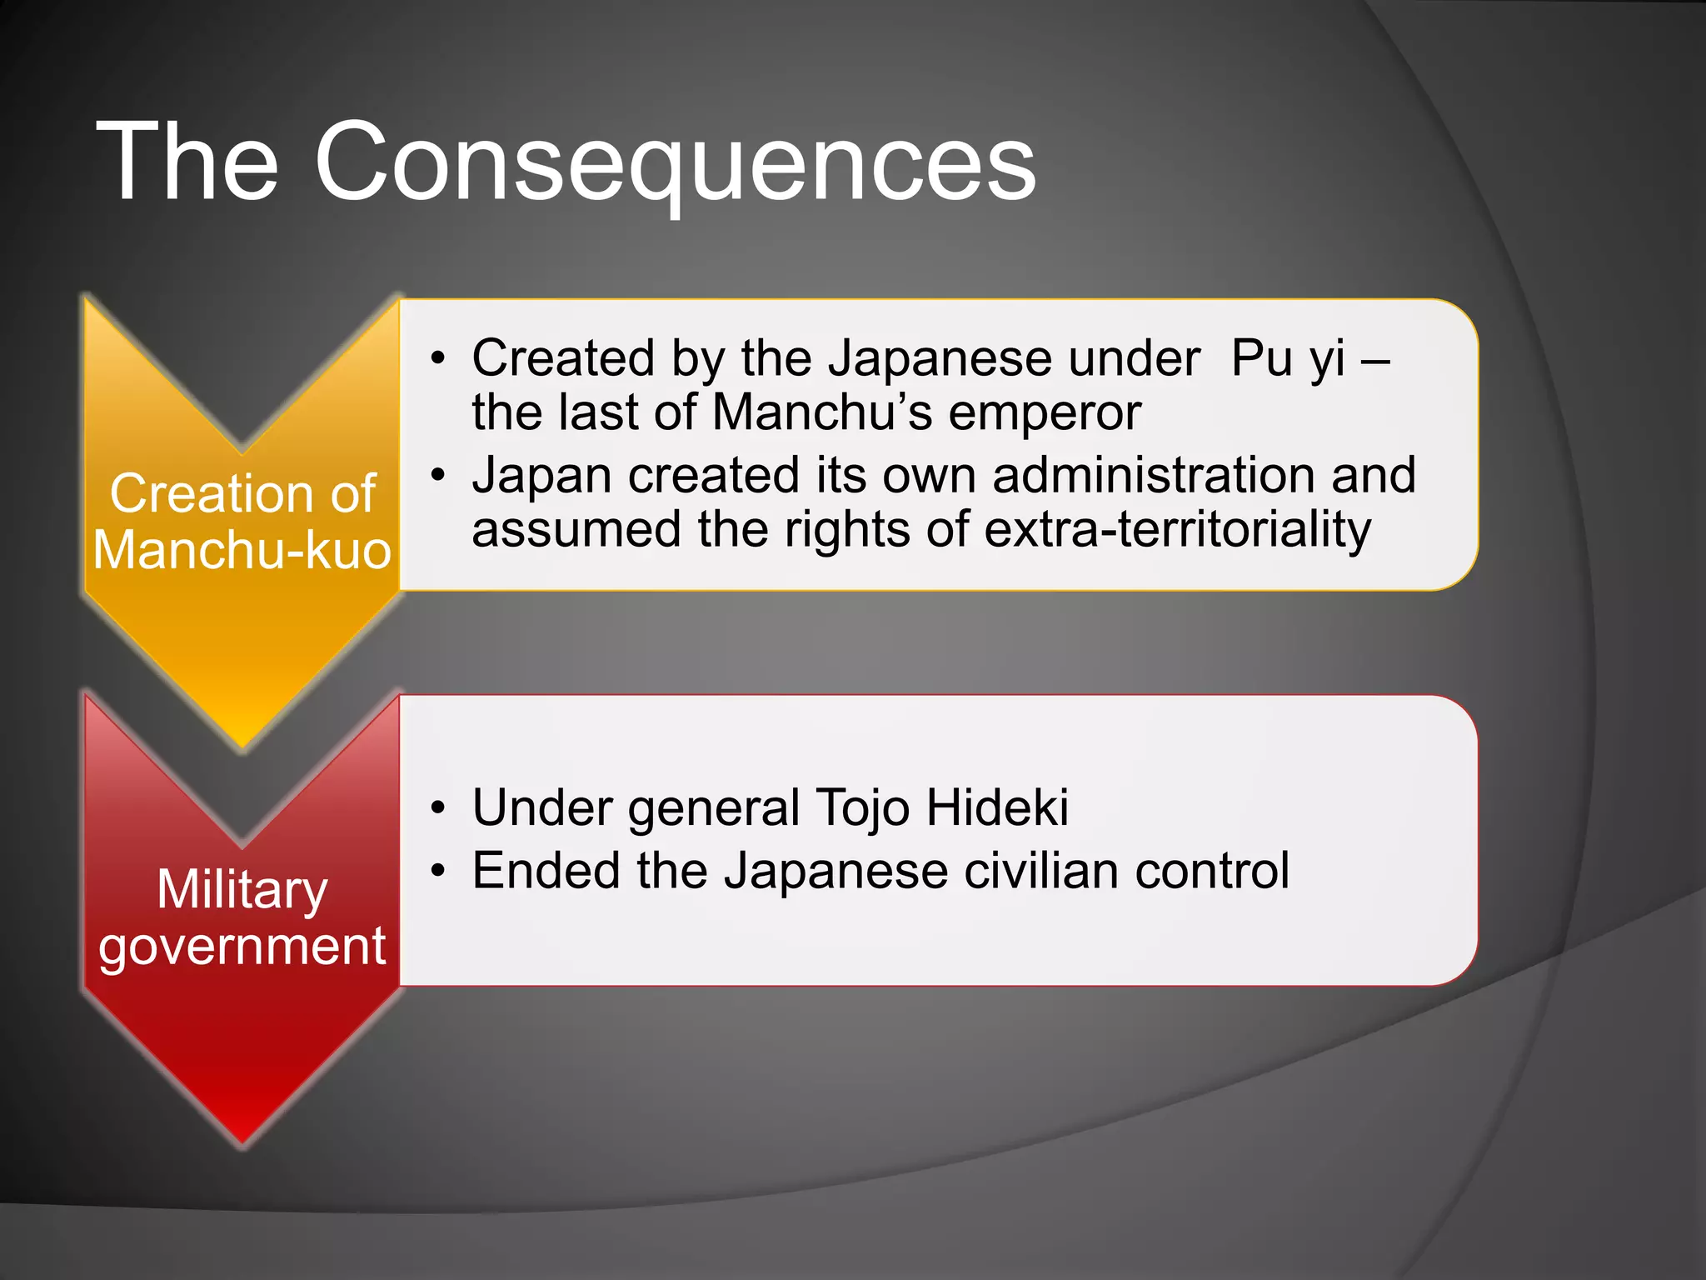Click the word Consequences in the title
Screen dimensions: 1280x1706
(x=675, y=162)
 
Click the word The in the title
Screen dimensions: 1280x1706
(x=187, y=162)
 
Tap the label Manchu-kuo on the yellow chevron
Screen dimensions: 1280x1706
(x=242, y=552)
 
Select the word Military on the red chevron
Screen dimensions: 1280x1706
(x=242, y=890)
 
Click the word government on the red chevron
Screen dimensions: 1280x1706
(x=242, y=947)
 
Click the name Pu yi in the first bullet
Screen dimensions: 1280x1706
(x=1288, y=358)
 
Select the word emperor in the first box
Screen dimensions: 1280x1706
(x=1045, y=412)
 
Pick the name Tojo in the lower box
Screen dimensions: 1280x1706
(x=861, y=808)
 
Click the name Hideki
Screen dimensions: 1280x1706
(x=997, y=808)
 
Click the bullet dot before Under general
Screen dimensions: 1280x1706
(x=438, y=808)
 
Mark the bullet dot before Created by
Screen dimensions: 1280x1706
(x=438, y=359)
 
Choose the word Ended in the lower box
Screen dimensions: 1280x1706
(x=546, y=872)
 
